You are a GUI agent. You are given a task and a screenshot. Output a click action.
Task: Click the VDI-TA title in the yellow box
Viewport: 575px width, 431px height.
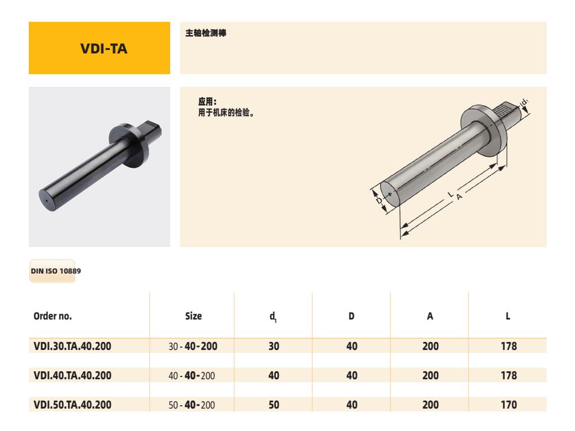pos(104,48)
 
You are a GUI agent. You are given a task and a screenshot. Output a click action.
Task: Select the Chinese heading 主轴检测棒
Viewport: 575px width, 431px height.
pos(205,33)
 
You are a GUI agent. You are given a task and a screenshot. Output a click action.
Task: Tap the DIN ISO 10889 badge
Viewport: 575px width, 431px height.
pos(52,271)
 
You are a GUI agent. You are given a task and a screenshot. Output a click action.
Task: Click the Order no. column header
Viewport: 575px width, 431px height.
pos(53,316)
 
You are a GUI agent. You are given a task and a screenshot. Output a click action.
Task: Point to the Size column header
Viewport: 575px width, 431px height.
pos(193,316)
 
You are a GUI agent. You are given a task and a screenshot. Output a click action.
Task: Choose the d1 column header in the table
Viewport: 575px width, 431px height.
pos(274,317)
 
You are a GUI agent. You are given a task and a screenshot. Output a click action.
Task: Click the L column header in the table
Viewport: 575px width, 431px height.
pos(508,316)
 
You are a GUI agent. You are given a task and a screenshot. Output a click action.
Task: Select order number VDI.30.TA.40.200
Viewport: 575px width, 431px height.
pos(72,346)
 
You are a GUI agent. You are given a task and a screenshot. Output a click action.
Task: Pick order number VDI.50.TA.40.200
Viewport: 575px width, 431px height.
pos(72,405)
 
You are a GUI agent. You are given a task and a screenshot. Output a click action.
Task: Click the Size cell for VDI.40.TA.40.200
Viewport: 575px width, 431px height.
pos(192,375)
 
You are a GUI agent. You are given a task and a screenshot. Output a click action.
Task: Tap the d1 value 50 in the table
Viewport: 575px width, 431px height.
pos(274,405)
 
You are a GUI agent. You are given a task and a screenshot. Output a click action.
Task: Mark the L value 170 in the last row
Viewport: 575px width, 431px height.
pos(508,405)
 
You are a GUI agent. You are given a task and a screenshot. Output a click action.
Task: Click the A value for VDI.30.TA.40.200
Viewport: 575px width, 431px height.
pos(430,346)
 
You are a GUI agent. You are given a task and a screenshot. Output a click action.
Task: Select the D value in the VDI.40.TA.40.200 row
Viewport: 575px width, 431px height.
pos(352,375)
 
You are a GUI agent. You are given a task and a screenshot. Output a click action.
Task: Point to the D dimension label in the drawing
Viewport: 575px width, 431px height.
pos(378,201)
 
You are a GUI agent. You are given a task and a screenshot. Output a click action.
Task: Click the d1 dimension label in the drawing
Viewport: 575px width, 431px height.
pos(524,102)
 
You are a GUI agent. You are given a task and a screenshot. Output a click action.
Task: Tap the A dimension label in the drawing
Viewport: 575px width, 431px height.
pos(459,197)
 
